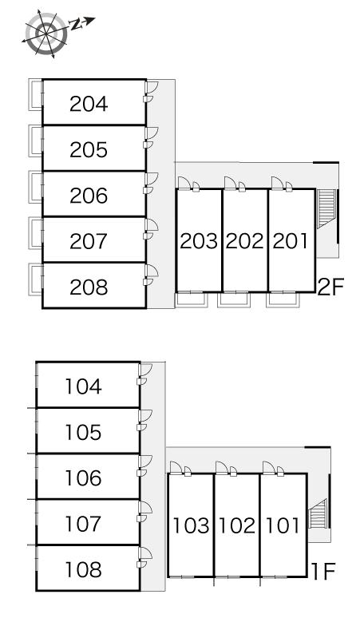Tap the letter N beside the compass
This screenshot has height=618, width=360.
click(x=76, y=25)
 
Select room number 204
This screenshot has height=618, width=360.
click(x=89, y=104)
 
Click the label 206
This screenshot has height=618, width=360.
click(x=89, y=196)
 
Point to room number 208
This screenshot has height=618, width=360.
click(x=89, y=287)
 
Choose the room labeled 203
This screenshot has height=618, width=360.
click(x=199, y=241)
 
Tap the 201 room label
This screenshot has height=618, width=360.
click(x=291, y=241)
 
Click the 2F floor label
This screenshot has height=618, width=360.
click(x=330, y=287)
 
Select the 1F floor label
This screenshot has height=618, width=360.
click(x=323, y=572)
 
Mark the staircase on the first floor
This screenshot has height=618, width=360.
click(x=318, y=513)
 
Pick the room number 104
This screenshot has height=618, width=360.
click(x=84, y=386)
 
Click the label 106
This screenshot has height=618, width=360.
click(x=84, y=477)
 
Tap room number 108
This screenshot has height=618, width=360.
click(x=84, y=569)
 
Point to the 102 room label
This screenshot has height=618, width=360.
click(x=237, y=525)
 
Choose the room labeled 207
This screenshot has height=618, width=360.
click(x=89, y=241)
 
